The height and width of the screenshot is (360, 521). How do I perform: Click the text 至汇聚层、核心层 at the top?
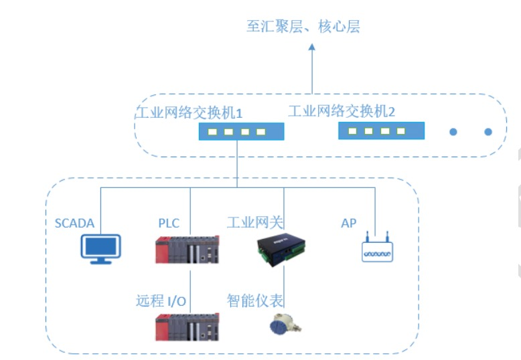pyautogui.click(x=303, y=27)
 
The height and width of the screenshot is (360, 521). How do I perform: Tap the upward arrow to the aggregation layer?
pyautogui.click(x=312, y=67)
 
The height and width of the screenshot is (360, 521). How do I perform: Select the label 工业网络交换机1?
pyautogui.click(x=190, y=112)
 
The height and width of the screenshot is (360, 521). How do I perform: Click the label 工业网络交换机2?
pyautogui.click(x=342, y=111)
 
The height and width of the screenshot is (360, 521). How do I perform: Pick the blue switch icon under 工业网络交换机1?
pyautogui.click(x=241, y=132)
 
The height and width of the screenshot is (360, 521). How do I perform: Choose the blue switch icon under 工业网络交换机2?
pyautogui.click(x=380, y=130)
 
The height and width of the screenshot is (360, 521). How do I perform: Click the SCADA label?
pyautogui.click(x=74, y=223)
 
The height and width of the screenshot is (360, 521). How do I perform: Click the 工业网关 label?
pyautogui.click(x=255, y=223)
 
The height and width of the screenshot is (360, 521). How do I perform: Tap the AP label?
pyautogui.click(x=348, y=223)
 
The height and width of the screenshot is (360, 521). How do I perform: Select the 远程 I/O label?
pyautogui.click(x=161, y=300)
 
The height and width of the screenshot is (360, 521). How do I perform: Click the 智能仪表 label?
pyautogui.click(x=255, y=300)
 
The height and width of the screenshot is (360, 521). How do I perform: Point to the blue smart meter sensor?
pyautogui.click(x=283, y=325)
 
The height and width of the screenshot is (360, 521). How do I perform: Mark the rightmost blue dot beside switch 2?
pyautogui.click(x=488, y=132)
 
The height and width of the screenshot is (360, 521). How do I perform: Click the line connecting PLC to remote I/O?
pyautogui.click(x=190, y=288)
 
